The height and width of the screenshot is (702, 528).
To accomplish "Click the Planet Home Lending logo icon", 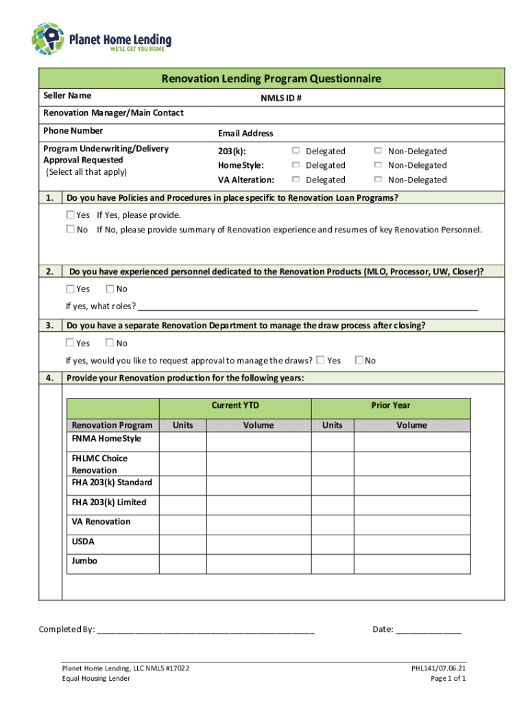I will [47, 39].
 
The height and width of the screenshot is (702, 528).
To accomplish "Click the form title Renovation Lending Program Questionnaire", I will [272, 79].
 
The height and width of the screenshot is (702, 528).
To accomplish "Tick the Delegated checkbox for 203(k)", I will [296, 151].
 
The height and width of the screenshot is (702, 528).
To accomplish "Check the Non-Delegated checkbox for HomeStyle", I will [378, 165].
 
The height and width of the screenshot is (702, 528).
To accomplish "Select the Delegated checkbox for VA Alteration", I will [296, 180].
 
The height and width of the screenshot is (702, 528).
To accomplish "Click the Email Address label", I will [245, 133].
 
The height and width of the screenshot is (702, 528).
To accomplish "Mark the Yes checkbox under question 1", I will [70, 215].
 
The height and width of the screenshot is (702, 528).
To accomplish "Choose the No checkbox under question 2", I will [110, 289].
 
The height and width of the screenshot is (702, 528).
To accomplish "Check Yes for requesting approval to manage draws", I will [320, 360].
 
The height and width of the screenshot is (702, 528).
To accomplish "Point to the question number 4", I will [50, 378].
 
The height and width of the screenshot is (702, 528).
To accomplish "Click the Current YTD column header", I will [235, 405].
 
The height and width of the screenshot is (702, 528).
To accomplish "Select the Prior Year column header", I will [391, 405].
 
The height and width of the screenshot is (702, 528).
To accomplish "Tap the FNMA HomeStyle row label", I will [104, 438].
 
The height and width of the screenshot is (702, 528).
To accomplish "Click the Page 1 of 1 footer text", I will [448, 679].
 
